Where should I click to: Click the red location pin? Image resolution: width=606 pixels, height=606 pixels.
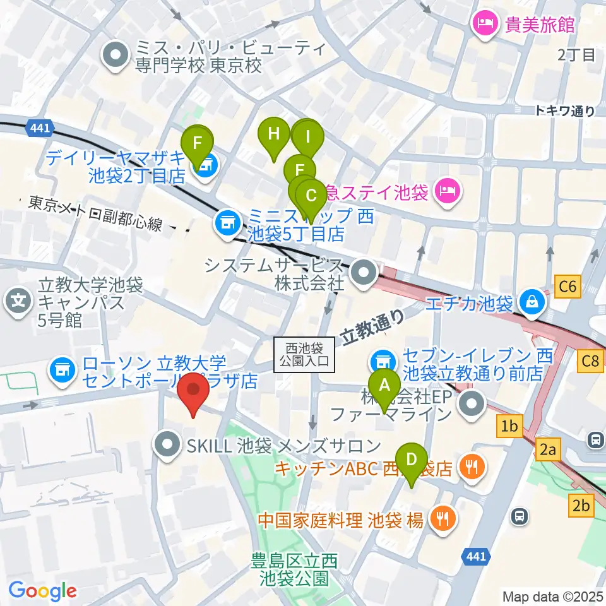tap(194, 393)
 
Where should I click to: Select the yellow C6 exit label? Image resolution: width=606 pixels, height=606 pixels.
tap(567, 287)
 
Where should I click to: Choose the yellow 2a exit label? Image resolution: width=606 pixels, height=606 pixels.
tap(547, 449)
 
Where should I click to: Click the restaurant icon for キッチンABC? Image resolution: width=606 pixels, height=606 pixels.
tap(471, 467)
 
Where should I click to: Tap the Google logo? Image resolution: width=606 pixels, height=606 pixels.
tap(43, 591)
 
